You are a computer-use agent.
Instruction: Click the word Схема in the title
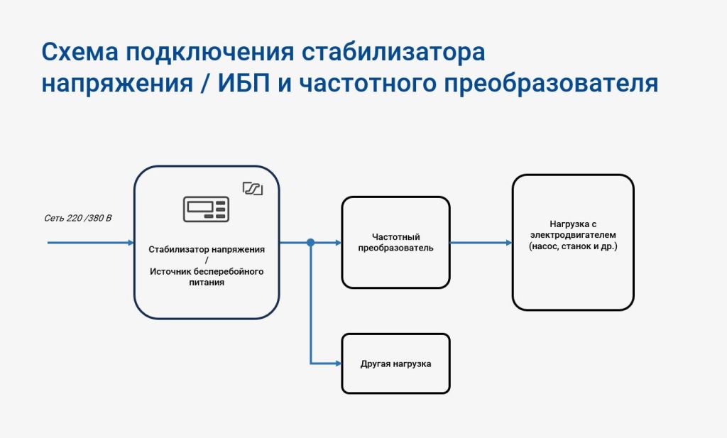pos(80,52)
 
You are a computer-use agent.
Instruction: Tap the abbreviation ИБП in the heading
pos(244,84)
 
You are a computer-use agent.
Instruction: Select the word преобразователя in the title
pos(551,84)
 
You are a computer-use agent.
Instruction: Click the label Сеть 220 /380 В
pos(78,218)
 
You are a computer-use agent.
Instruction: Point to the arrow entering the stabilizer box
pos(91,242)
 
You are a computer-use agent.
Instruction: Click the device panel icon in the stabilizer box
pos(207,209)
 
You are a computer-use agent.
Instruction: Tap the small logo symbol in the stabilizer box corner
pos(253,188)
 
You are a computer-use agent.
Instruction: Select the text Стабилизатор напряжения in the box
pos(207,249)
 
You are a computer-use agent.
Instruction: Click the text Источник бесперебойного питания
pos(207,277)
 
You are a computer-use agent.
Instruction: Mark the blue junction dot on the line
pos(311,242)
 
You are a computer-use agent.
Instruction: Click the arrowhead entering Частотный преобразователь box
pos(338,242)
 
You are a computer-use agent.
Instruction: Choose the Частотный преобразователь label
pos(396,242)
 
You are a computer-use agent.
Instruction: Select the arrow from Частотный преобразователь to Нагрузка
pos(481,242)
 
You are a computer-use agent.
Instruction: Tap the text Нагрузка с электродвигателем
pos(573,229)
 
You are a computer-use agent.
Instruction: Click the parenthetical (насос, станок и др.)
pos(573,246)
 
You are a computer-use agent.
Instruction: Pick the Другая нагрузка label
pos(396,364)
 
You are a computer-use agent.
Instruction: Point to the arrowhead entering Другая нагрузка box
pos(338,363)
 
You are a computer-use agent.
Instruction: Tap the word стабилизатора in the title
pos(393,53)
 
